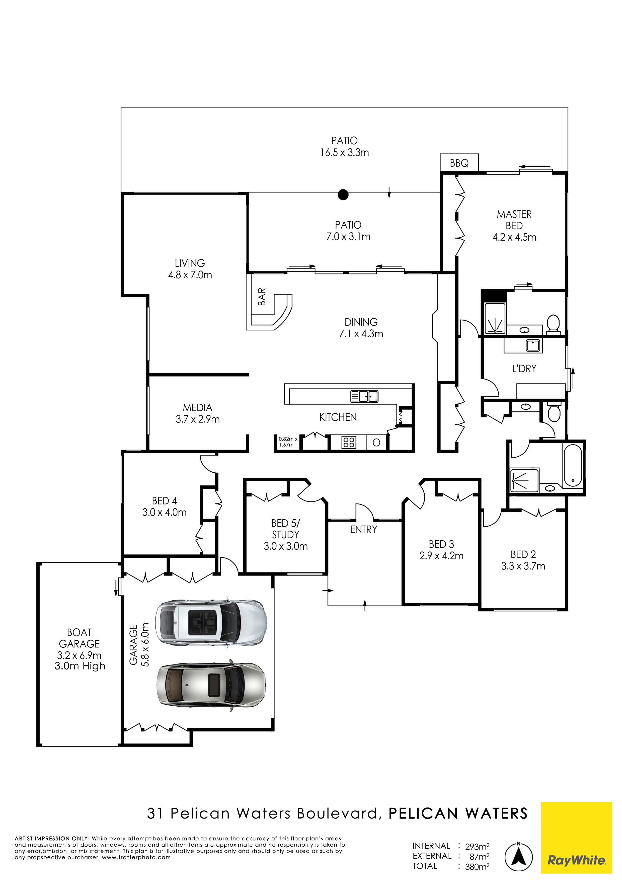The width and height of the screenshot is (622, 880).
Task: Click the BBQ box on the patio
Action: [459, 163]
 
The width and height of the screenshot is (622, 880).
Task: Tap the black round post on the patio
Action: [343, 195]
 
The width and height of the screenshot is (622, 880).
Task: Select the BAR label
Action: [262, 297]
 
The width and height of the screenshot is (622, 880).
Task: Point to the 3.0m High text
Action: [80, 666]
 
